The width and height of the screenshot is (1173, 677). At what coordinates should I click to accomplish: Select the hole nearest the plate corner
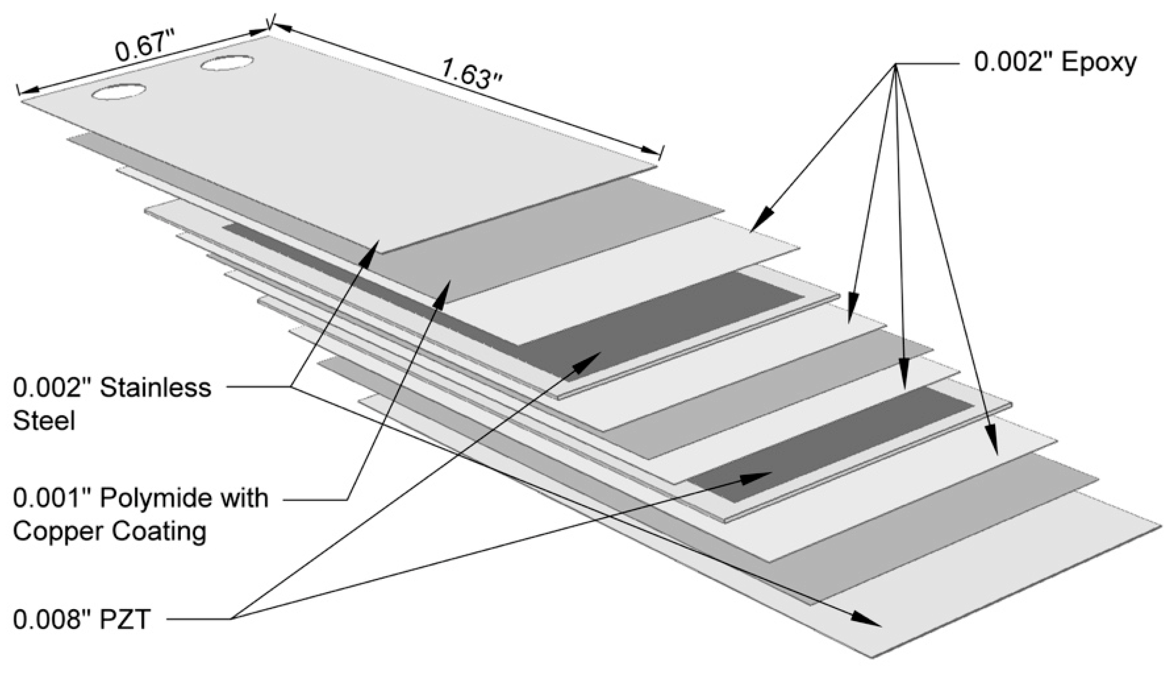[x=119, y=92]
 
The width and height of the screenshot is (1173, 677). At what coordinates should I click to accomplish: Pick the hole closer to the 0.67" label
[x=228, y=63]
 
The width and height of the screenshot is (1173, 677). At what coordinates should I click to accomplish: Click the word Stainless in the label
[x=156, y=388]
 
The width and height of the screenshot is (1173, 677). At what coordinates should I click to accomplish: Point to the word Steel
[x=44, y=421]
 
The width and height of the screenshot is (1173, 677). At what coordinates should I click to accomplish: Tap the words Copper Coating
[x=110, y=531]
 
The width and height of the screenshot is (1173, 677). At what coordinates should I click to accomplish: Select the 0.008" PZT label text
[x=81, y=620]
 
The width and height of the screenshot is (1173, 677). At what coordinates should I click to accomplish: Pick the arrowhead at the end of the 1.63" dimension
[x=652, y=152]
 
